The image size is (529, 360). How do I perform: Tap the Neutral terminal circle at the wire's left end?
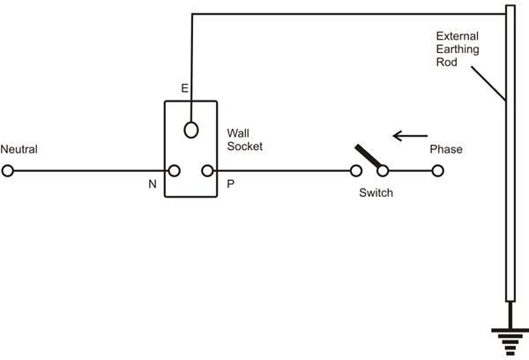coord(8,171)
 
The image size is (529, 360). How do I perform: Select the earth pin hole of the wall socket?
coord(190,131)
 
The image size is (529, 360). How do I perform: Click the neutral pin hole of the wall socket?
coord(175,171)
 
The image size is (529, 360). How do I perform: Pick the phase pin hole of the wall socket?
coord(208,171)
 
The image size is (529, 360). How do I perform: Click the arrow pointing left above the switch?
coord(410,136)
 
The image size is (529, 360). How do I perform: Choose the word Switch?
coord(376,191)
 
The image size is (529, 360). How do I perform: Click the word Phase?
coord(445,150)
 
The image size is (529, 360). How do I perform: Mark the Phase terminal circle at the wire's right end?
coord(436,171)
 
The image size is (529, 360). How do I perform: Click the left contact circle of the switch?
coord(357,171)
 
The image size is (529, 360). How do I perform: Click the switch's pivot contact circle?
coord(384,171)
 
